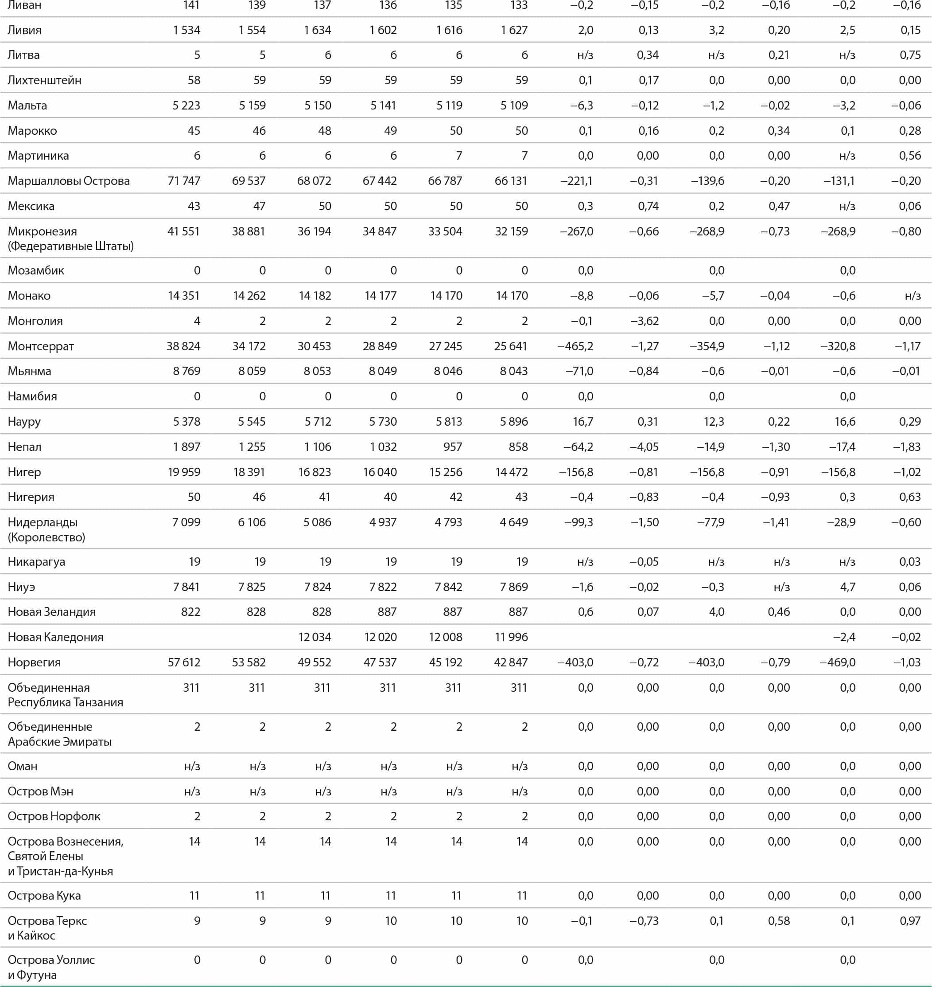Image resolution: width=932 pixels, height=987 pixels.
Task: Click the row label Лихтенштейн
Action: coord(44,80)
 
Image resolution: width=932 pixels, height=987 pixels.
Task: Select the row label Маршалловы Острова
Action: coord(69,181)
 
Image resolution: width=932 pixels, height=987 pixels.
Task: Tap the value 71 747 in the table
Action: coord(184,181)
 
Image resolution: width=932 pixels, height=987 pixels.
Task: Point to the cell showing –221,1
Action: coord(576,181)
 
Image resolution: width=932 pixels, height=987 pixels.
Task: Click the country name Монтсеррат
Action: coord(41,346)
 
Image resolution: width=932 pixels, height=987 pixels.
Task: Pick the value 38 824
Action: coord(183,346)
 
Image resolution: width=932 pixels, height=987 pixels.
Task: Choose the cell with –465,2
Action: coord(575,346)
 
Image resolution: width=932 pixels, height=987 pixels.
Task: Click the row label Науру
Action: coord(24,422)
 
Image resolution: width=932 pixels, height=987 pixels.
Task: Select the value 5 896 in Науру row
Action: coord(514,422)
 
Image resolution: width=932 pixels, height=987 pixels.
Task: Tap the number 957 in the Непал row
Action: coord(453,446)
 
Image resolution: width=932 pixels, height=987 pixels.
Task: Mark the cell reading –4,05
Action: coord(645,446)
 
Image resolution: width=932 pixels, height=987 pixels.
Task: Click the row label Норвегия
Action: coord(34,662)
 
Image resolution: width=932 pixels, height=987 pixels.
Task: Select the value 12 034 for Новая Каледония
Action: coord(315,637)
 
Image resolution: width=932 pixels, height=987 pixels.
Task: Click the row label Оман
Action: coord(22,766)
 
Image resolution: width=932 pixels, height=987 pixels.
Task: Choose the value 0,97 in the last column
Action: coord(910,921)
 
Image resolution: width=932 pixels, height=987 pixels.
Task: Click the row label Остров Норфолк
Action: coord(54,816)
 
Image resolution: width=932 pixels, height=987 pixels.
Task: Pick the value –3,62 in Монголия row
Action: coord(645,321)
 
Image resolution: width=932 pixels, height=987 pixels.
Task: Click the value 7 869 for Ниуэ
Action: coord(514,587)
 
